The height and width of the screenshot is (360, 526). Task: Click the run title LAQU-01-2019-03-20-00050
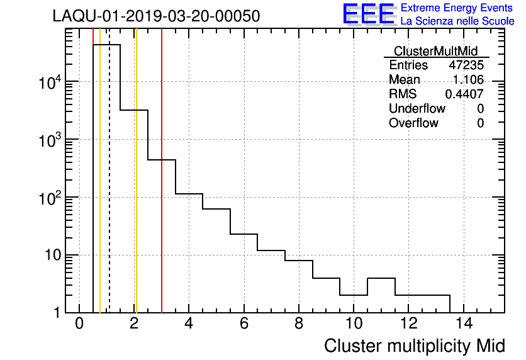pos(156,16)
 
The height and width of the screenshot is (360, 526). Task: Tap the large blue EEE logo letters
pos(369,14)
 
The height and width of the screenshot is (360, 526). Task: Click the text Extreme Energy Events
pos(457,8)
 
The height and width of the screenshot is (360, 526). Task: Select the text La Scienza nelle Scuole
pos(457,21)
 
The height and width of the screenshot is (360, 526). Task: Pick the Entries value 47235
pos(466,65)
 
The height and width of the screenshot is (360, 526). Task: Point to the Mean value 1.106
pos(469,80)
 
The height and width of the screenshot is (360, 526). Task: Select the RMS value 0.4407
pos(464,94)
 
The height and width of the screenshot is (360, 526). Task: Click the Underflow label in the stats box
pos(417,109)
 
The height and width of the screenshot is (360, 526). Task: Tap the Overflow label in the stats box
pos(413,123)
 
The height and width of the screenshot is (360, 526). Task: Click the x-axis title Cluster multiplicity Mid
pos(414,346)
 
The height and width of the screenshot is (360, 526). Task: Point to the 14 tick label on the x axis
pos(463,324)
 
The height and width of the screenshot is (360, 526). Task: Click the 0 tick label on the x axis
pos(79,324)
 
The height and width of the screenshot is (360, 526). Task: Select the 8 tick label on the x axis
pos(299,324)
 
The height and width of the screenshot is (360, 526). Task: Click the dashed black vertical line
pos(109,189)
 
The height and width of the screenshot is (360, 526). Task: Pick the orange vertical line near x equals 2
pos(135,189)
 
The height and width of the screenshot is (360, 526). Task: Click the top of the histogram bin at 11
pos(381,278)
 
